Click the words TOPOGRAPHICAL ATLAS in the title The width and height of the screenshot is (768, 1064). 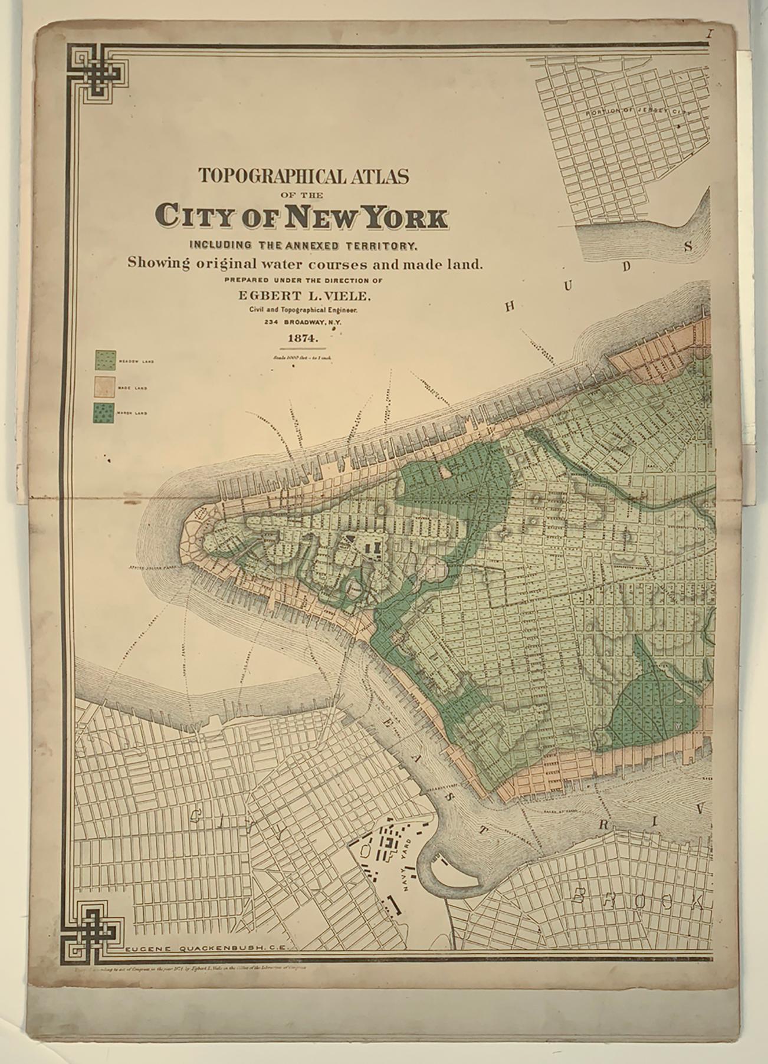[303, 176]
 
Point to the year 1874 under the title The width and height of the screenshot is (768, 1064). [303, 339]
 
